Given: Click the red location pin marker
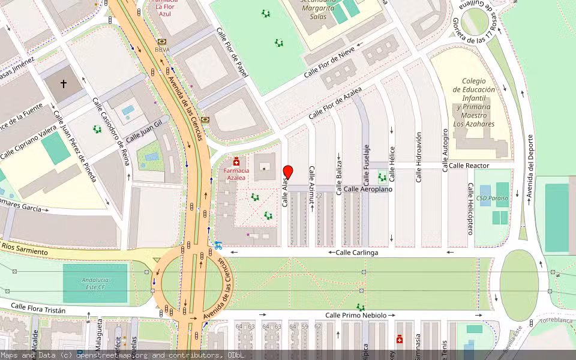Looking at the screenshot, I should click(x=287, y=172).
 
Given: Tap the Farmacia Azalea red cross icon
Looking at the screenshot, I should click(x=236, y=161).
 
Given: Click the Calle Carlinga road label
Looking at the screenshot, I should click(x=356, y=253).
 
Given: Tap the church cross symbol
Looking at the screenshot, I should click(x=64, y=83).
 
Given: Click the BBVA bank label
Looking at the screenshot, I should click(x=162, y=50).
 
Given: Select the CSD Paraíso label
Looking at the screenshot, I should click(x=492, y=198).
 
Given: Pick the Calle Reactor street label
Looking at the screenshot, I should click(x=469, y=165).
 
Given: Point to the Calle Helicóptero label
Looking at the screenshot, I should click(x=470, y=209).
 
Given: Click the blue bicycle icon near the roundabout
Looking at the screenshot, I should click(x=219, y=245).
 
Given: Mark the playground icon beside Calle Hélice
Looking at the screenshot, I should click(x=382, y=177).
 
